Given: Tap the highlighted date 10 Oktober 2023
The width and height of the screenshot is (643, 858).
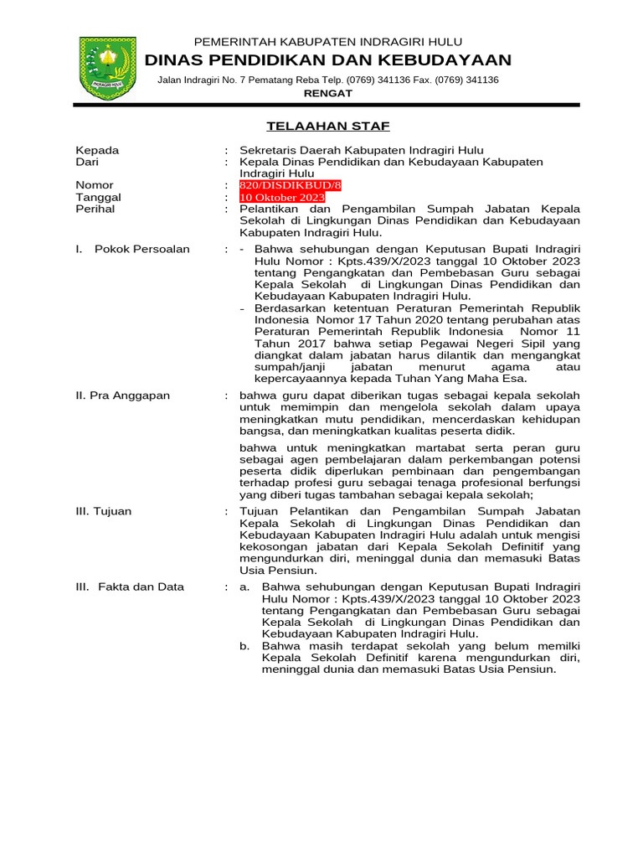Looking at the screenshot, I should tap(282, 198).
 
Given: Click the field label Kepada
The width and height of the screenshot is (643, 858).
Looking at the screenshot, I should tap(97, 151).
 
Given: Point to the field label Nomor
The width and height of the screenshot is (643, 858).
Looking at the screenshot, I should tap(95, 185).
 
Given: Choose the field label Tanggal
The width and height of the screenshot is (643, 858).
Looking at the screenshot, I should tap(99, 198).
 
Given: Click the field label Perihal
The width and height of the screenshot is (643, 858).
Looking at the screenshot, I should tap(95, 209).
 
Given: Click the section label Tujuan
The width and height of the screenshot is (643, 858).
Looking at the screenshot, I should tap(104, 511).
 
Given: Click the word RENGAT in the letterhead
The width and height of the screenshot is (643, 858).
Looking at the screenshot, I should tap(327, 93).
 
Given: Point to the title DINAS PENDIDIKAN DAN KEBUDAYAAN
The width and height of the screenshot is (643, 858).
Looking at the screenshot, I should tap(328, 59).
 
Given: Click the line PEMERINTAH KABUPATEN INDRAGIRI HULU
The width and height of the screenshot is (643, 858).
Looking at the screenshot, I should tap(328, 42).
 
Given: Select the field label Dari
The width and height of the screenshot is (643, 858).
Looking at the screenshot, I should tap(88, 162).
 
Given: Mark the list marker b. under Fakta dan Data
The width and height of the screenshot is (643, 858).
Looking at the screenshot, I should tap(244, 647).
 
